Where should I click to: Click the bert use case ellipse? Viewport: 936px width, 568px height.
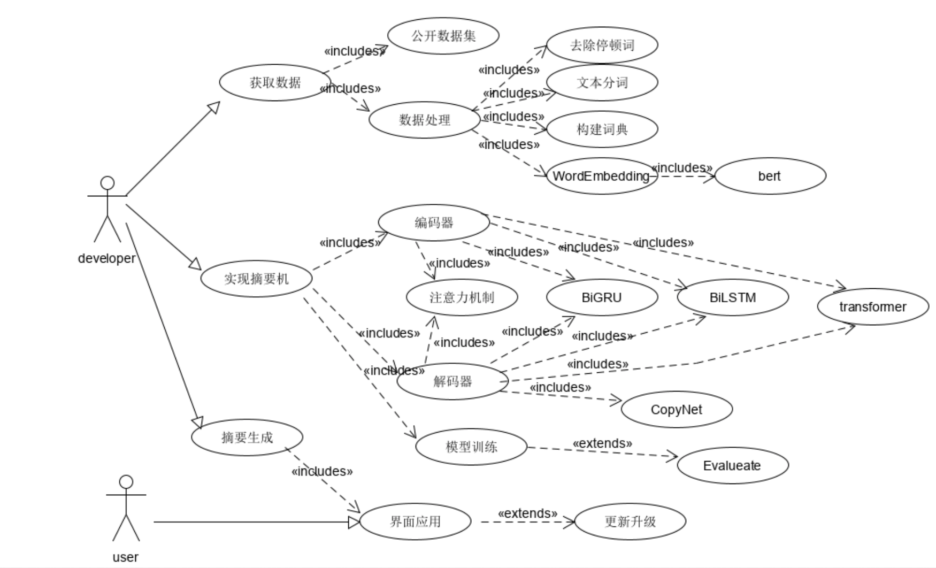point(770,176)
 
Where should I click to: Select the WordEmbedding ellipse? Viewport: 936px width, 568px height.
point(602,176)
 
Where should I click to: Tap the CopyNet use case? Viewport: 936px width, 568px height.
point(677,410)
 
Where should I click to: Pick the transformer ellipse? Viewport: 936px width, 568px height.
point(873,307)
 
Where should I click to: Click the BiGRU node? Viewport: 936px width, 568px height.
point(602,297)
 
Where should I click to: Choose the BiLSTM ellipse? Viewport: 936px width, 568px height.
point(733,297)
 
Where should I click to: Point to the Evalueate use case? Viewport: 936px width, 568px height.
point(733,465)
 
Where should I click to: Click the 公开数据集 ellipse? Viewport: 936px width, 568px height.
point(443,36)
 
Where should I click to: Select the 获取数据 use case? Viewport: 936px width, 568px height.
point(275,82)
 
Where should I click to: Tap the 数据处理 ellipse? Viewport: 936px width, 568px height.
point(425,120)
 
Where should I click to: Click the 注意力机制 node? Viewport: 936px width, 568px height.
point(462,297)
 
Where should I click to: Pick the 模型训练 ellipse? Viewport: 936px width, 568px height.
point(471,447)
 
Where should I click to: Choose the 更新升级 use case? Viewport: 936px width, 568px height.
point(630,521)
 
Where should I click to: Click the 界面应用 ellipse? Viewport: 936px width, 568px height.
point(416,521)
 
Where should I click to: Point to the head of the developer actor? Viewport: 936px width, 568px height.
point(108,183)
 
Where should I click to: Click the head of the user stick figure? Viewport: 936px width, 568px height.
point(126,482)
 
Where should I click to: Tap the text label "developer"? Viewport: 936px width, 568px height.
point(107,258)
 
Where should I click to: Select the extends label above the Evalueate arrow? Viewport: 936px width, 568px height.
point(602,443)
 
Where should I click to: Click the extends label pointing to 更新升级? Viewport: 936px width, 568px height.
point(527,513)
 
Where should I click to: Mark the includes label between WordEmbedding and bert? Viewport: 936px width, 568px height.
point(682,168)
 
